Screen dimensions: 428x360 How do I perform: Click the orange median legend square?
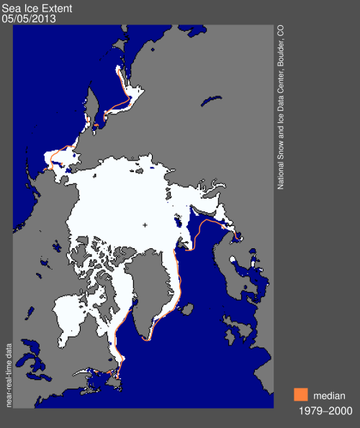300,394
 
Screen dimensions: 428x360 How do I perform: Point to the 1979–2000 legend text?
325,411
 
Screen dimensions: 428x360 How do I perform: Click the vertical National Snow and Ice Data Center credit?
280,108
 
